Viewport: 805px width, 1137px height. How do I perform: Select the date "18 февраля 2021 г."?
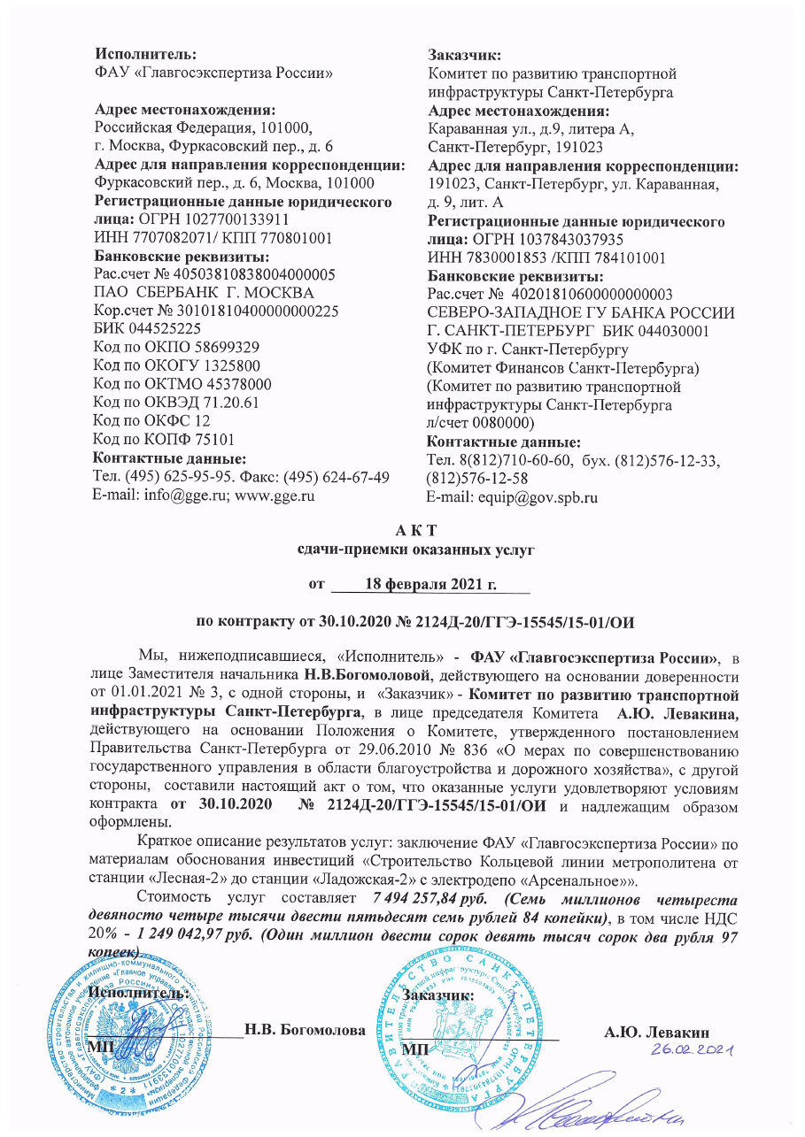coord(430,585)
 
